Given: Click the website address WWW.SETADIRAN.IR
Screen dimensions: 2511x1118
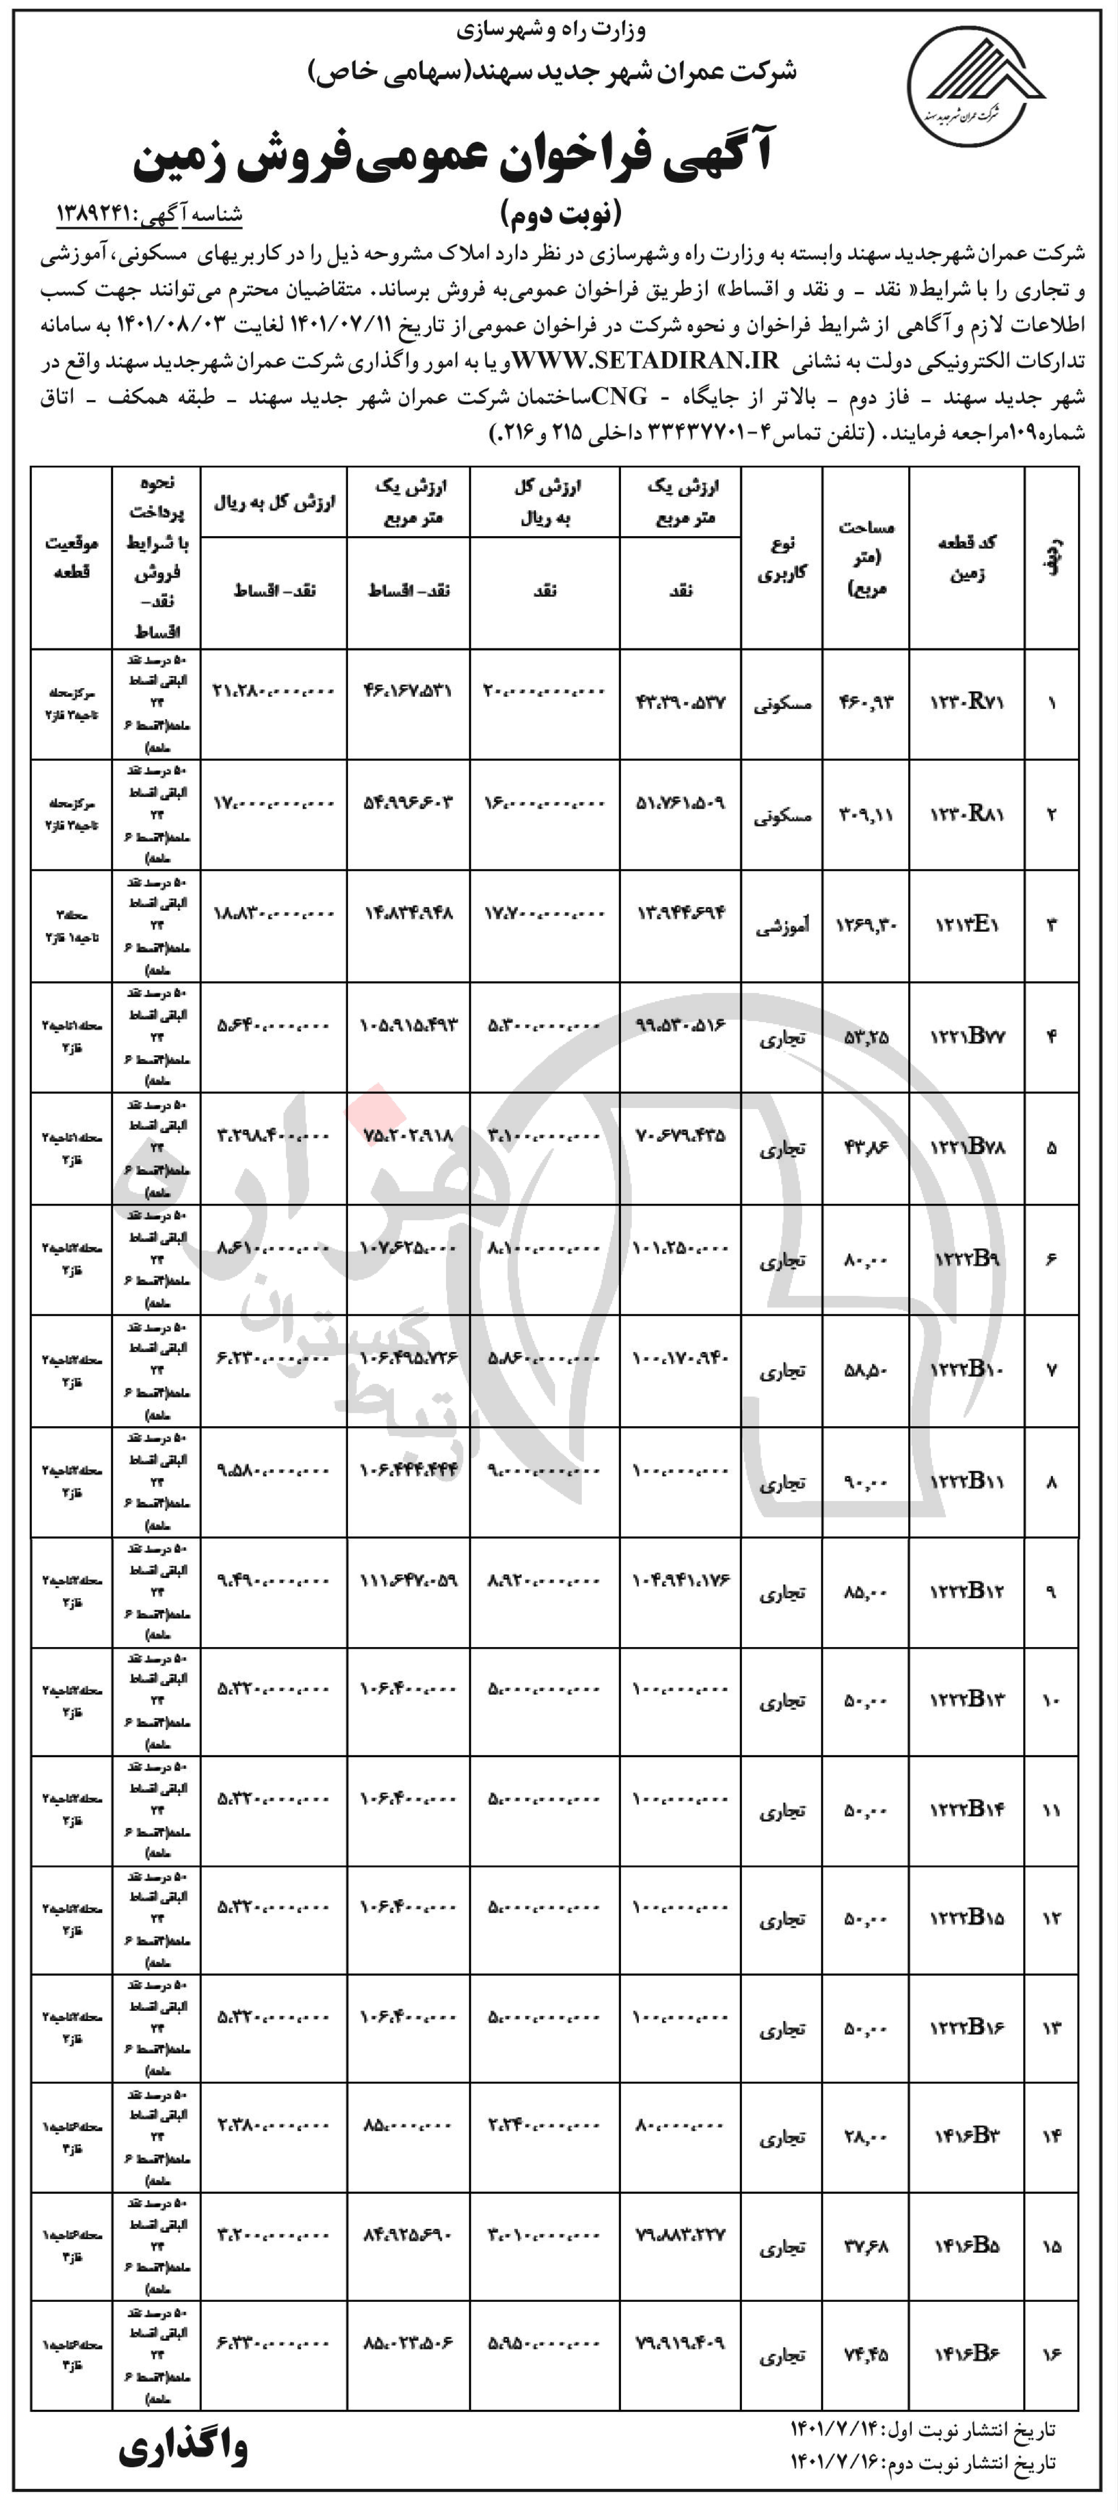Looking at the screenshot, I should (646, 361).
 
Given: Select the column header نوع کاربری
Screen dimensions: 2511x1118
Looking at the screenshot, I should (782, 557).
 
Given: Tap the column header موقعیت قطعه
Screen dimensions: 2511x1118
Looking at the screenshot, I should (71, 557).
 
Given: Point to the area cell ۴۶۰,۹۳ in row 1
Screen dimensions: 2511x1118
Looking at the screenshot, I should (866, 703).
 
